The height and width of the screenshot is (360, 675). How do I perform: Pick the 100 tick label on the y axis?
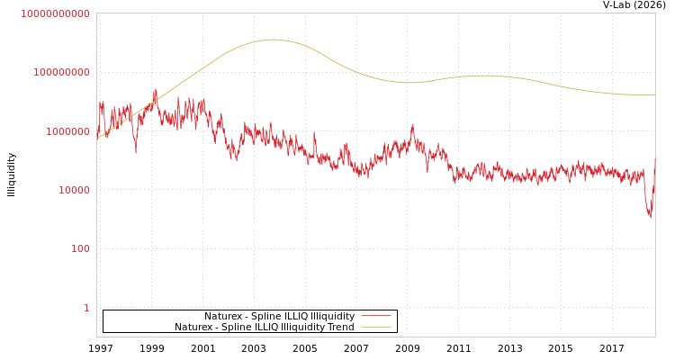80,248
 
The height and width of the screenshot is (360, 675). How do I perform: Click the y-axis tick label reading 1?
86,308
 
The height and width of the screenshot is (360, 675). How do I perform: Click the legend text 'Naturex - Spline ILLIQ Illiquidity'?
279,316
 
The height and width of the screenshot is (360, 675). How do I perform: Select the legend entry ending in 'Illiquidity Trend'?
265,327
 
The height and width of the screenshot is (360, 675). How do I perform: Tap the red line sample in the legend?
376,316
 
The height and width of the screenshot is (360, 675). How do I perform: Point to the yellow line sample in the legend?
376,327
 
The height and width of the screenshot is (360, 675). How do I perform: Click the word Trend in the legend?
340,327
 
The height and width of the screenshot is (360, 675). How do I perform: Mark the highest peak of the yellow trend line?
274,40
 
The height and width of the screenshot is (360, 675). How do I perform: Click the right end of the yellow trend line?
654,94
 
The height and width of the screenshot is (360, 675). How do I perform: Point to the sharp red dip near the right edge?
650,216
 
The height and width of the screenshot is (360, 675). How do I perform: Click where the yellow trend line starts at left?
97,139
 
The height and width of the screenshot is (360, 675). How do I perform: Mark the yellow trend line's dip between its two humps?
409,83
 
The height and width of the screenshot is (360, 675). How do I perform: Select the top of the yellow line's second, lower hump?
484,76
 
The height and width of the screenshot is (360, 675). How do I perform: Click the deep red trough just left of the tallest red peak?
136,151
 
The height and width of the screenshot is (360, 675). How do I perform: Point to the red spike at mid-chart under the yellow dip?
413,125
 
